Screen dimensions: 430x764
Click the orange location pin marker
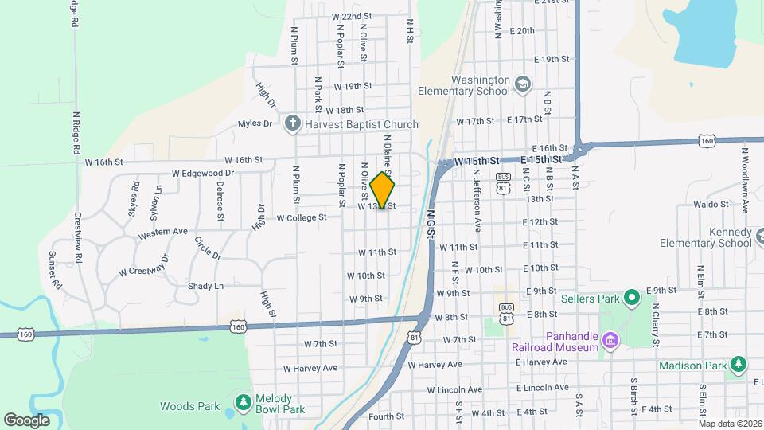click(383, 190)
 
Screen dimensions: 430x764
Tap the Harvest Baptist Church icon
click(293, 123)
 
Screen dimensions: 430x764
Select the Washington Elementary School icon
click(522, 84)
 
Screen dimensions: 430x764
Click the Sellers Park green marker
click(632, 299)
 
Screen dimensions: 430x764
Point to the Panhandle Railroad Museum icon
click(610, 341)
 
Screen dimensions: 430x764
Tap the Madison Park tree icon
click(739, 365)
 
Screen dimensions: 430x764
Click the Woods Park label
click(189, 406)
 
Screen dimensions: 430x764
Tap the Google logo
click(26, 420)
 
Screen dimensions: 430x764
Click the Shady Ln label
click(205, 286)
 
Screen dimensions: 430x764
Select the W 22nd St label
click(352, 16)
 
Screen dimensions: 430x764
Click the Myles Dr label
click(255, 123)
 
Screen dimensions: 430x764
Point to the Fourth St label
click(387, 416)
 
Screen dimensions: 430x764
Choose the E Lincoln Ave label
click(542, 388)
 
